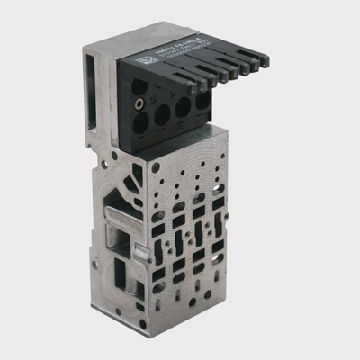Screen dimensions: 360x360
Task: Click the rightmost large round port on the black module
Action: pos(203,101)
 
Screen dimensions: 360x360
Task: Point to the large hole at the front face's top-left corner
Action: pos(156,167)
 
